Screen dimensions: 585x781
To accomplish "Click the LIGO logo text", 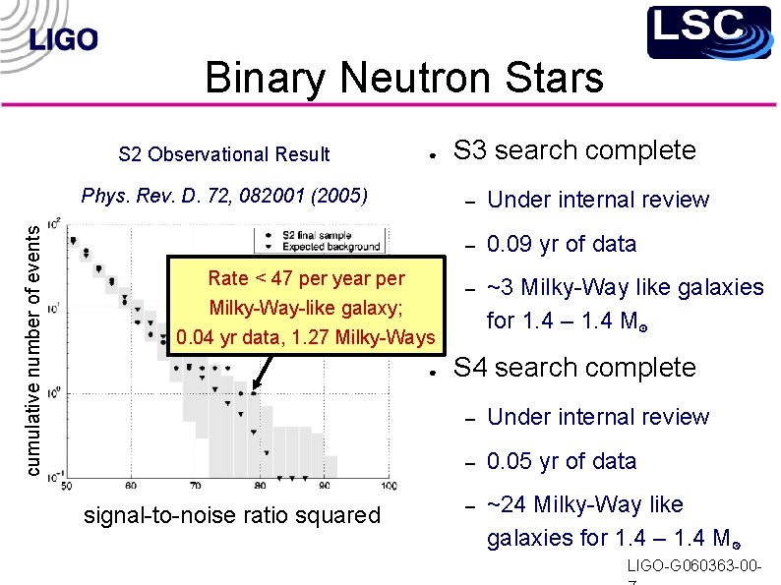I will coord(64,39).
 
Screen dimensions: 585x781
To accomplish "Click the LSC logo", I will coord(708,31).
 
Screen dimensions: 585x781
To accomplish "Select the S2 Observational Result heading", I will coord(224,154).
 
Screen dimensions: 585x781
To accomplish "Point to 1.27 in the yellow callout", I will coord(348,338).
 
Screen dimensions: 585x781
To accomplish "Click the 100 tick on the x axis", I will coord(390,486).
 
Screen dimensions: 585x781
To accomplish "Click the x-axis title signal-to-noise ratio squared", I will coord(232,515).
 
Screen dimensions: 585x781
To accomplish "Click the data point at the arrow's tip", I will coord(254,393).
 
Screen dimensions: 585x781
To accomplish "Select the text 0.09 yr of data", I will coord(562,244).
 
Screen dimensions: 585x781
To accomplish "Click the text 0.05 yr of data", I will coord(562,461).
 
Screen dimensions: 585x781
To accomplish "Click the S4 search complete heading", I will coord(573,368).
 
